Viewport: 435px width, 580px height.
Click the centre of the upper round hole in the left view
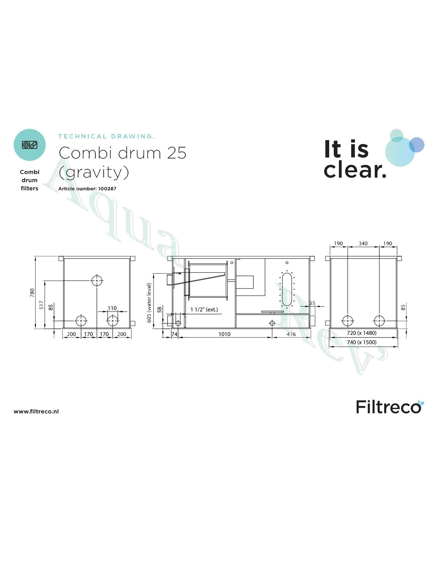[97, 280]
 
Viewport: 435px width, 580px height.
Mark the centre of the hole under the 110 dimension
[113, 321]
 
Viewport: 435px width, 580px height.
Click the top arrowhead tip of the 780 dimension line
[35, 256]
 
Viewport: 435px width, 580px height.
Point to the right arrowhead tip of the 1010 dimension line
[272, 337]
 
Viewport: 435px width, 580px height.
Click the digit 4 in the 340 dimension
[363, 243]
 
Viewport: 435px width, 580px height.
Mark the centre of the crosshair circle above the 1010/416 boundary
[272, 323]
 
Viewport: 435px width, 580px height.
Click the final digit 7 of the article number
[115, 188]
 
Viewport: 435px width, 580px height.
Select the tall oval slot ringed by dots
[287, 289]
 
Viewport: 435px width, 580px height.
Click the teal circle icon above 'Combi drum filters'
[30, 145]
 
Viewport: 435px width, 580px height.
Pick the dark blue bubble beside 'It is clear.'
[417, 145]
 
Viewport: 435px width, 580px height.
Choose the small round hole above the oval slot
[287, 263]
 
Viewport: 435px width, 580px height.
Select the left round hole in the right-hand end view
[347, 321]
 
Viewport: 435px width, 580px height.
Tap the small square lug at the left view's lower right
[133, 323]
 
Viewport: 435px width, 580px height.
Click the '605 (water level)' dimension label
[149, 303]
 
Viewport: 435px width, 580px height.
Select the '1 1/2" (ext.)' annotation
[204, 310]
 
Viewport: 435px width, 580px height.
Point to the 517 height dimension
[41, 305]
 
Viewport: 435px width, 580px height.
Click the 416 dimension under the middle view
[291, 334]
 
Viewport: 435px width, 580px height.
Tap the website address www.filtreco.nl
[36, 411]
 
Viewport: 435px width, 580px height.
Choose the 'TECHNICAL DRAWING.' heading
[107, 136]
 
